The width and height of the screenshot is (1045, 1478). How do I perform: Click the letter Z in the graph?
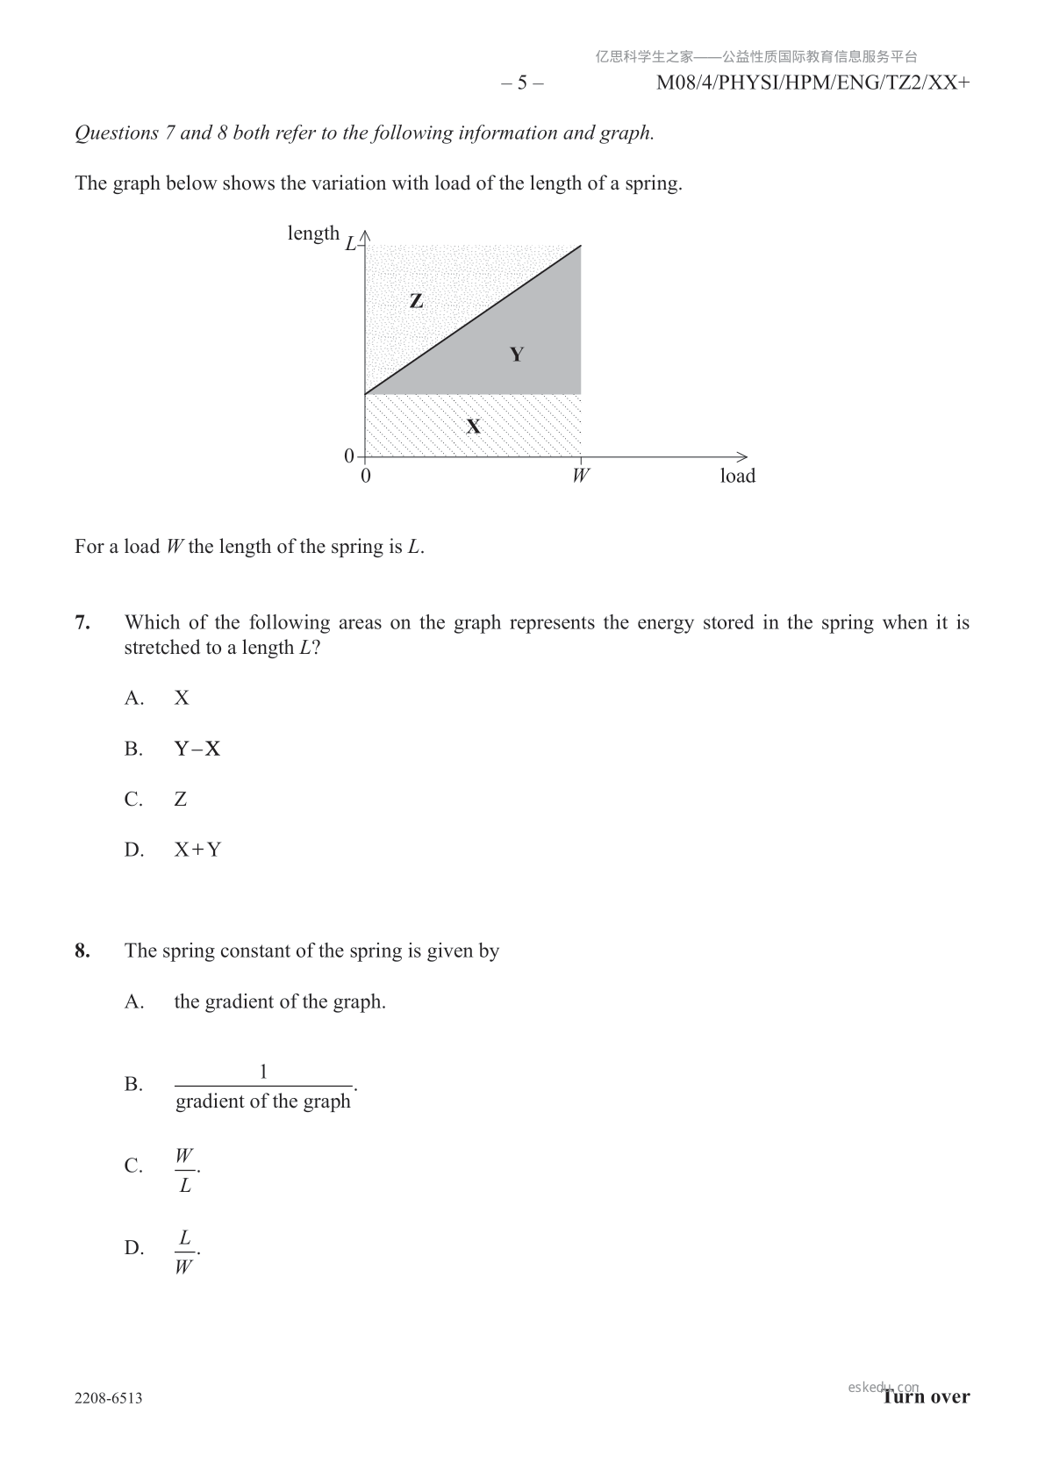(416, 301)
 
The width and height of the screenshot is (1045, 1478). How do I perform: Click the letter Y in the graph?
(517, 355)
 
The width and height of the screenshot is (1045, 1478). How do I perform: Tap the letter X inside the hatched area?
(473, 427)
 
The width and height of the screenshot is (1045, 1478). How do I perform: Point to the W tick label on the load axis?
(580, 476)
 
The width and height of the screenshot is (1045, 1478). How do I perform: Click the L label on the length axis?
(350, 243)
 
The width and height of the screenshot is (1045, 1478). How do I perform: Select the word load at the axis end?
(737, 476)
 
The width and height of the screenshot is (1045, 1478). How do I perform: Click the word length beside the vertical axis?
(313, 233)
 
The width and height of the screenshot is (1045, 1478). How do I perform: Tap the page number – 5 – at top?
(522, 83)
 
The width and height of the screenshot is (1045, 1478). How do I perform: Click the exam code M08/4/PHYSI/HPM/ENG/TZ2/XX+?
(812, 83)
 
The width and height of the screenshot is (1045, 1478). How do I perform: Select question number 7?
(82, 623)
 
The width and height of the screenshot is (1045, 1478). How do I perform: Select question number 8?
(82, 951)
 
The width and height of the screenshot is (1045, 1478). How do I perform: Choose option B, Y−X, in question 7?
(197, 749)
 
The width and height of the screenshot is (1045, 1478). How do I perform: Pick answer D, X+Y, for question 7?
(197, 850)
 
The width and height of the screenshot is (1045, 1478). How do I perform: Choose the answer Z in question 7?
(181, 800)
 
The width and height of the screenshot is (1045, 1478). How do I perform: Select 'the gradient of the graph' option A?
(280, 1001)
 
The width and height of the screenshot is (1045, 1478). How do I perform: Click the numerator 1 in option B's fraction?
(263, 1071)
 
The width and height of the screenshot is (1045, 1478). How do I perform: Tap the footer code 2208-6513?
(109, 1398)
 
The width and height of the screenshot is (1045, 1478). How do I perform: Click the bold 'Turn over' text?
(927, 1397)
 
